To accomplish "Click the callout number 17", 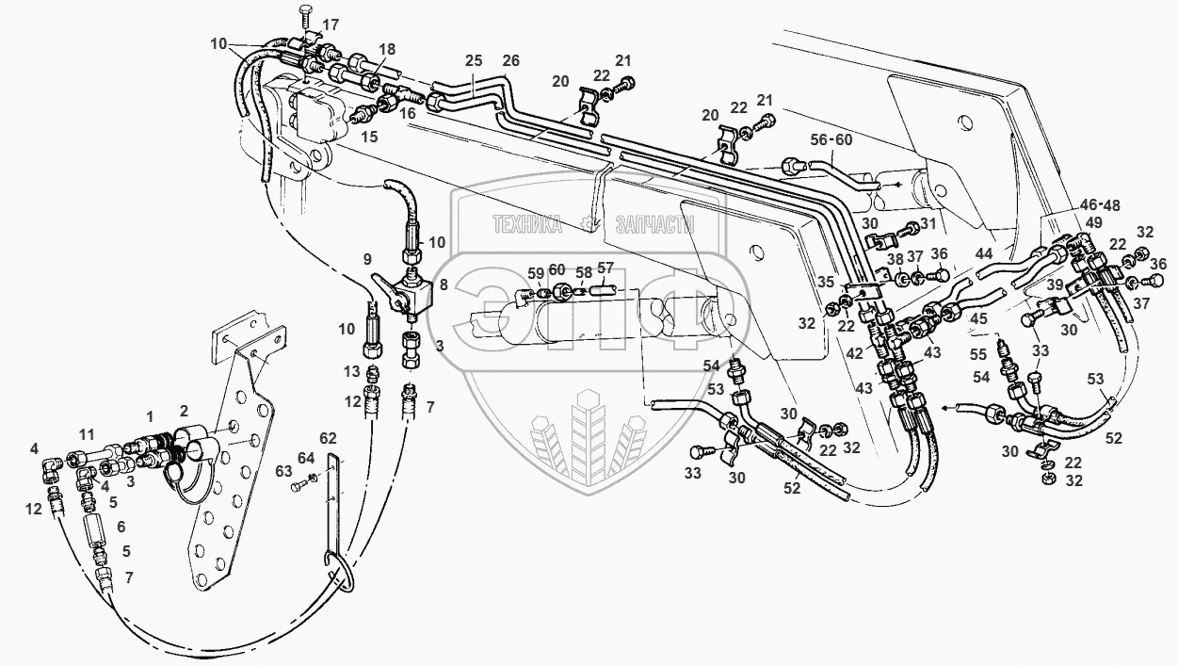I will click(x=331, y=24).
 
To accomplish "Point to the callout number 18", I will click(x=388, y=49).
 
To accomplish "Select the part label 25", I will click(x=473, y=61).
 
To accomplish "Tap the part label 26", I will click(x=510, y=61).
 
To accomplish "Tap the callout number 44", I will click(x=983, y=253).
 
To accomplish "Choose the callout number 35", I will click(x=825, y=281).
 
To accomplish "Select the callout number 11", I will click(x=87, y=434).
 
